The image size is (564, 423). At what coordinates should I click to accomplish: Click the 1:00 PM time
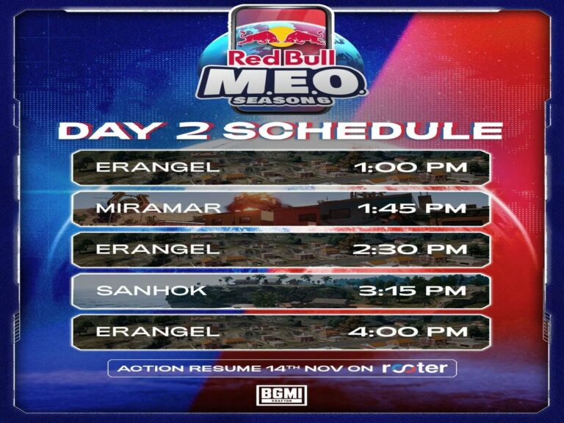point(411,167)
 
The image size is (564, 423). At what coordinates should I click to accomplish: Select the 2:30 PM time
point(410,249)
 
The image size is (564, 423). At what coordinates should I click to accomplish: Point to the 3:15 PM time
point(413,291)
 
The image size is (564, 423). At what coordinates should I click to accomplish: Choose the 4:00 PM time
point(408,332)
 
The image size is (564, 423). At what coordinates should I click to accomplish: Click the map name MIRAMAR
point(159,209)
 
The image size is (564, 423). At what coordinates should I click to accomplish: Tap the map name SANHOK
point(151,291)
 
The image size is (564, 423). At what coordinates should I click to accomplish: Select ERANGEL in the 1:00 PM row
point(158,167)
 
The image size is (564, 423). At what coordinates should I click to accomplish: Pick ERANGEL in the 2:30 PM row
point(158,249)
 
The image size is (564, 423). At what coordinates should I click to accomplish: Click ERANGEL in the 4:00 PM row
point(158,332)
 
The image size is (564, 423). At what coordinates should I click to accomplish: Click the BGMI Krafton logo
point(282,395)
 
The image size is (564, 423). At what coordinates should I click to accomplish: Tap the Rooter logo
point(414,368)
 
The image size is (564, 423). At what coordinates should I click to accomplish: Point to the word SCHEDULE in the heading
point(363,131)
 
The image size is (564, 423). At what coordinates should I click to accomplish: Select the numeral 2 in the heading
point(192,131)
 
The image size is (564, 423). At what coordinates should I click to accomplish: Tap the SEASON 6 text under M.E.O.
point(282,101)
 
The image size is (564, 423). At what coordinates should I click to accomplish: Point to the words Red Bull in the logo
point(282,57)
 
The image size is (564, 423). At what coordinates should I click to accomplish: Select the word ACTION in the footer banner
point(151,369)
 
